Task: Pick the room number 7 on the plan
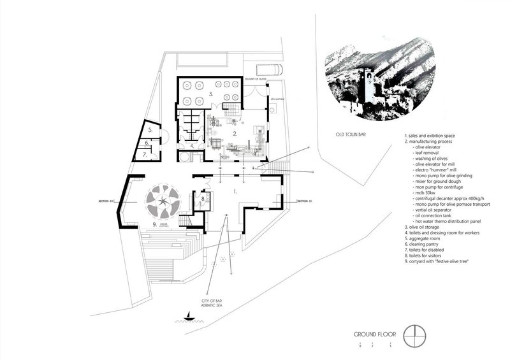point(145,154)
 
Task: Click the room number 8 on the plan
point(203,199)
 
